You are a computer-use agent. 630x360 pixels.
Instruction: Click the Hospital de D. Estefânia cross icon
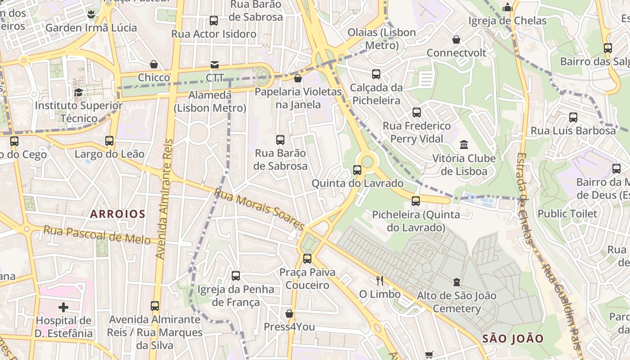pyautogui.click(x=63, y=307)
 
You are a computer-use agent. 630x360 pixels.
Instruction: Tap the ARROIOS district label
pyautogui.click(x=118, y=214)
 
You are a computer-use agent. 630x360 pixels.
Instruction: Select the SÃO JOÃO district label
pyautogui.click(x=513, y=338)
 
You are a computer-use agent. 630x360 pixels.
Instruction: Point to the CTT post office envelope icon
pyautogui.click(x=215, y=65)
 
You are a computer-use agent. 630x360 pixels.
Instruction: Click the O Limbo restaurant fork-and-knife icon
pyautogui.click(x=380, y=281)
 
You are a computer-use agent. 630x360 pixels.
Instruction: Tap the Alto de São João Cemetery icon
pyautogui.click(x=457, y=282)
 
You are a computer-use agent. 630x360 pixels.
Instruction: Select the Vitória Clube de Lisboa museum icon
pyautogui.click(x=464, y=145)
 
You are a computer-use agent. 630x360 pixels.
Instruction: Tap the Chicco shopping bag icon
pyautogui.click(x=154, y=64)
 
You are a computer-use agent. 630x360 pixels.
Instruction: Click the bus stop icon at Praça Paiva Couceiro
pyautogui.click(x=307, y=259)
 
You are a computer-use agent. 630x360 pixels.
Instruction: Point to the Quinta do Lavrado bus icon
pyautogui.click(x=357, y=170)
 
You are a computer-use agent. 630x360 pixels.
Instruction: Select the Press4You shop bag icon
pyautogui.click(x=289, y=314)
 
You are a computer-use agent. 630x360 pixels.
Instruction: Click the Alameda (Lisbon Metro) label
pyautogui.click(x=210, y=102)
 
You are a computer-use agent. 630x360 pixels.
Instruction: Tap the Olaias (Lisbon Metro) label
pyautogui.click(x=382, y=39)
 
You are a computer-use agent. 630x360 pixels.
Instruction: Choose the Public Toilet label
pyautogui.click(x=567, y=213)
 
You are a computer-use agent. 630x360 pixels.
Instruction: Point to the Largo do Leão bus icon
pyautogui.click(x=109, y=141)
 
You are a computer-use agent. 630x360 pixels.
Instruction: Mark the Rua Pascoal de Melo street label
pyautogui.click(x=97, y=235)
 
